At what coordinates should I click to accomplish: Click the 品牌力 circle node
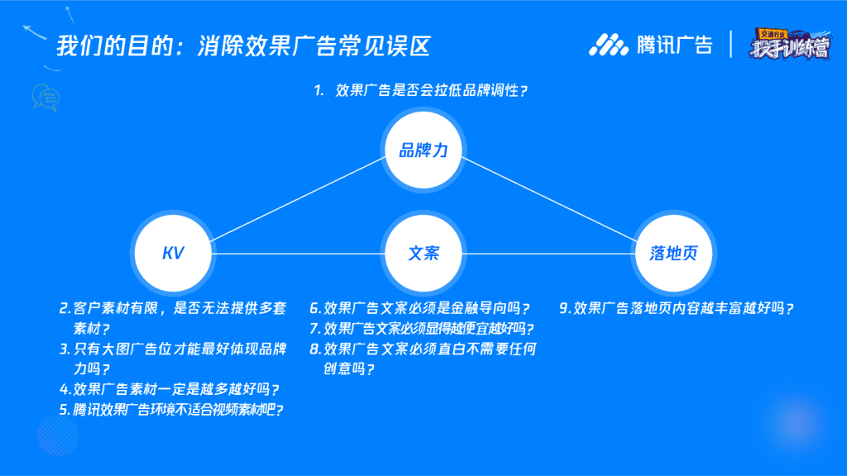coord(423,150)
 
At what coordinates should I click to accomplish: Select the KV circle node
coord(173,253)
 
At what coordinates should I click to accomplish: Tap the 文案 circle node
coord(423,253)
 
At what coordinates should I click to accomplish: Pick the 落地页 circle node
coord(673,253)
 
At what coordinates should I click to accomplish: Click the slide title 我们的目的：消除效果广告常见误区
coord(244,45)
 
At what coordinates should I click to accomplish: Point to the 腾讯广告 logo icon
coord(609,45)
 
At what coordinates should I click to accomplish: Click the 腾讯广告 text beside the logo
coord(674,45)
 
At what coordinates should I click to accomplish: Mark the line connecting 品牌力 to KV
coord(298,201)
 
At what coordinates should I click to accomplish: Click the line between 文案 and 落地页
coord(546,253)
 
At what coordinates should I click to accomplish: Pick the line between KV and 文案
coord(298,253)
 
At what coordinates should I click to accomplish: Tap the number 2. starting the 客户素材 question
coord(65,308)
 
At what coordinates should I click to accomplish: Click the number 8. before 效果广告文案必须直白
coord(315,349)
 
